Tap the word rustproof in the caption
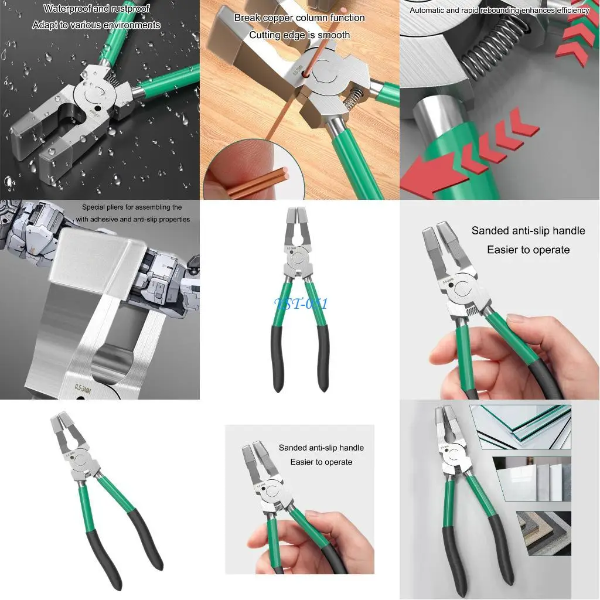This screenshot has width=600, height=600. click(129, 9)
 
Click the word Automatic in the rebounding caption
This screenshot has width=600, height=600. click(429, 11)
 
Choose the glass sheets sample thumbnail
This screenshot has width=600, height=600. click(520, 427)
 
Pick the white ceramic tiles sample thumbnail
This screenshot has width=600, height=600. click(531, 479)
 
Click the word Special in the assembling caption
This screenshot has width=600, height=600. click(94, 207)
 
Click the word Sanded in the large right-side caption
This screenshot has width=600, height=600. click(492, 231)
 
